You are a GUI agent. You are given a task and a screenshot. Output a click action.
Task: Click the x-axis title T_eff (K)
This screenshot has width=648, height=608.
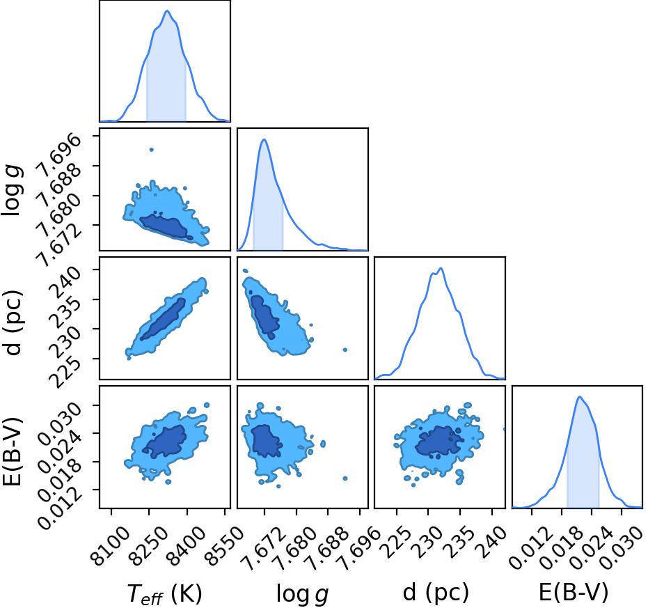point(164,594)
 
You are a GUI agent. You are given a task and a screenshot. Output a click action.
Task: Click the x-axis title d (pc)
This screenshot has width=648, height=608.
point(436,592)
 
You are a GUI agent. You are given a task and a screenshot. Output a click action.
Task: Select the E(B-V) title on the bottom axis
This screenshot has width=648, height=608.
point(574,592)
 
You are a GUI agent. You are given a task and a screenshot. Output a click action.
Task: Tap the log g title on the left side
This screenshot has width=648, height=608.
point(13,190)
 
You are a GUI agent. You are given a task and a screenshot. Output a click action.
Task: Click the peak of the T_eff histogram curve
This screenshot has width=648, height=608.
point(167,10)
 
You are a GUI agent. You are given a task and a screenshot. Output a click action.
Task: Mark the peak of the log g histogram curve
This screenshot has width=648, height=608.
point(264,139)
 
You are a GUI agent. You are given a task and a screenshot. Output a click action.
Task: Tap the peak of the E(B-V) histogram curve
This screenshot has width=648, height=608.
point(580,397)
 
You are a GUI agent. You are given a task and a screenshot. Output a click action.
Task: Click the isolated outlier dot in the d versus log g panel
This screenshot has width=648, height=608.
point(345,350)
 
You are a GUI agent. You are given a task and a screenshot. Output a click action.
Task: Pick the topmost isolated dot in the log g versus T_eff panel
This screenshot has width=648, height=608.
point(151,150)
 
